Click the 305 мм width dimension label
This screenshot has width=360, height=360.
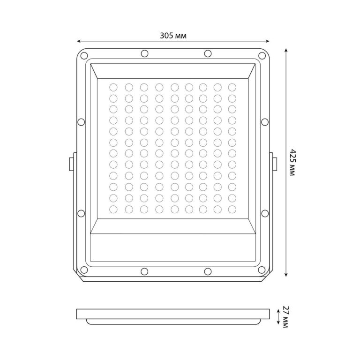click(x=173, y=36)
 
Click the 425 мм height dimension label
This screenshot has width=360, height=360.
click(x=292, y=163)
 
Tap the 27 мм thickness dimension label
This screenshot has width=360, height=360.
click(x=285, y=317)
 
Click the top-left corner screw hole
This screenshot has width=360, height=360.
click(x=84, y=55)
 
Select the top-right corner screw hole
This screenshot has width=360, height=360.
click(x=262, y=55)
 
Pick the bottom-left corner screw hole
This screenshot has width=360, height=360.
click(x=84, y=270)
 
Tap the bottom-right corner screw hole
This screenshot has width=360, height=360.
click(x=262, y=270)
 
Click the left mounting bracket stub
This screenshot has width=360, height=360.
click(x=71, y=164)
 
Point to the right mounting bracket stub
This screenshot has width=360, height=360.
click(x=275, y=164)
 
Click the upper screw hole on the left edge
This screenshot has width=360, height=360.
click(x=81, y=122)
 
